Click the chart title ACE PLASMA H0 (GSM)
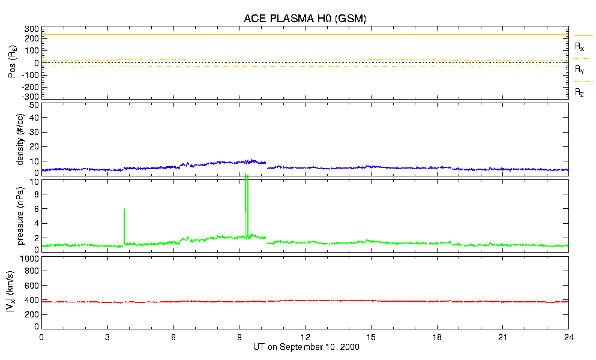304,19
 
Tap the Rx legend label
580,46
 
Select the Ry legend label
580,70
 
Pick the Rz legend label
580,92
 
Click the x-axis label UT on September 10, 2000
304,347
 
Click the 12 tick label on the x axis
305,338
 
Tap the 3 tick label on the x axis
107,338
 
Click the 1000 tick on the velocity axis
29,259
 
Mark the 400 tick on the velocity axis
31,299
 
